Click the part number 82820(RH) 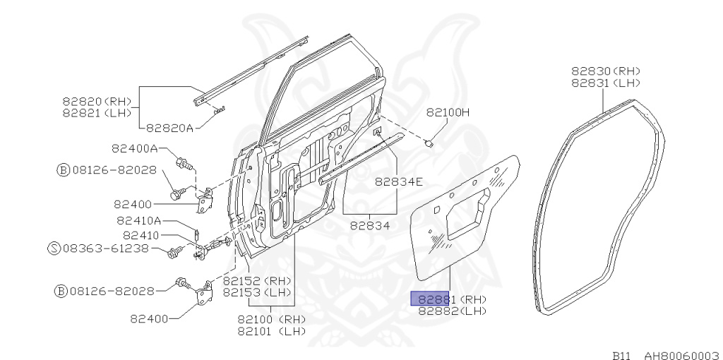click(x=97, y=102)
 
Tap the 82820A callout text click(x=169, y=128)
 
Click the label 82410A click(x=139, y=220)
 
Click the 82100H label click(x=448, y=112)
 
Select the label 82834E click(x=398, y=181)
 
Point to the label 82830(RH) click(x=605, y=71)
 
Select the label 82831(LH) click(x=605, y=82)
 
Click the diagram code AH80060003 click(x=681, y=355)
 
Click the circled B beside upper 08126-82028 click(x=63, y=169)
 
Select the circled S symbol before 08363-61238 click(x=54, y=248)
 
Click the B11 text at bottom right click(x=621, y=355)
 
